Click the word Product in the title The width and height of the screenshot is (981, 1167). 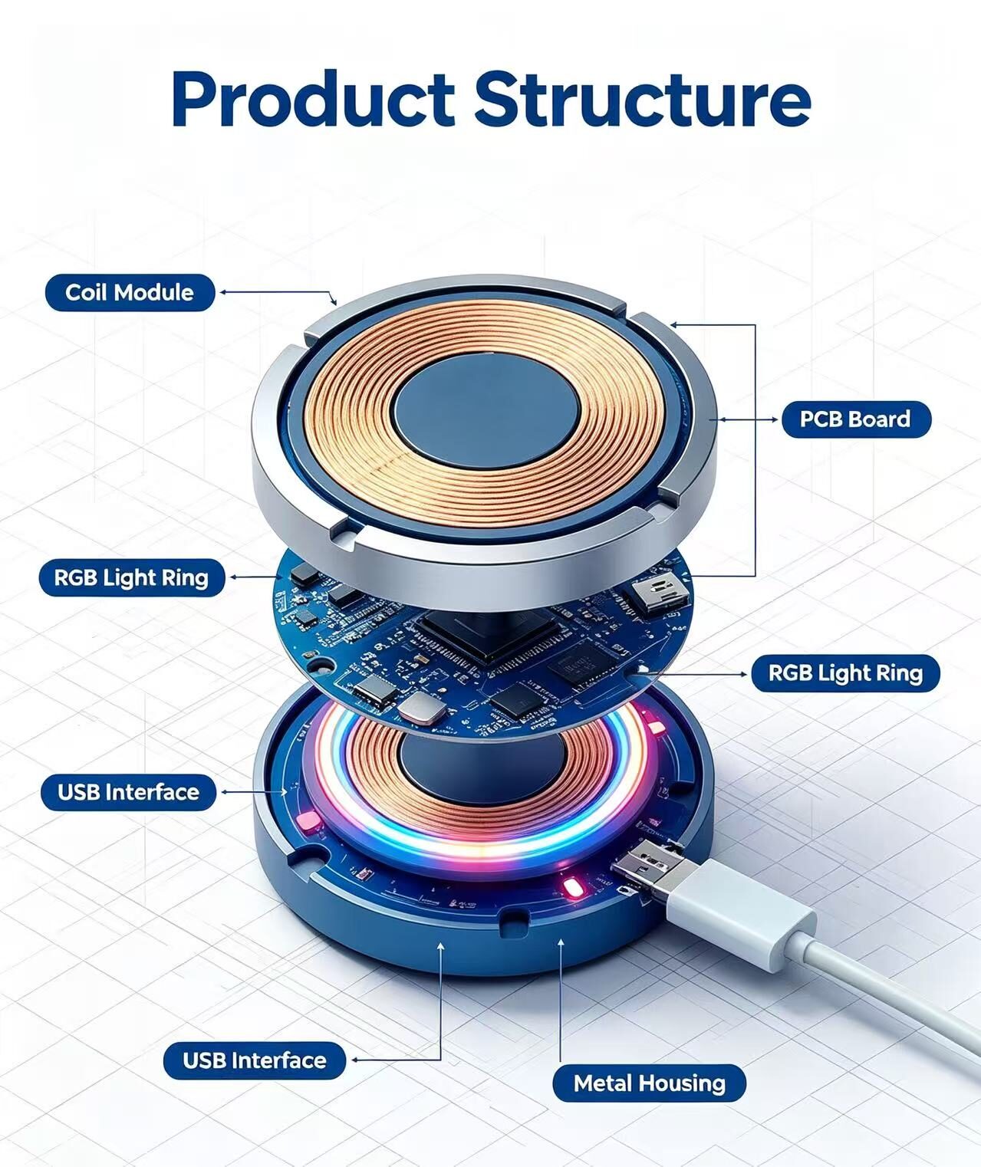coord(313,100)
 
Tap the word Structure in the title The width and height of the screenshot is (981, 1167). coord(644,100)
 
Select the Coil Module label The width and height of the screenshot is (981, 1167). coord(130,292)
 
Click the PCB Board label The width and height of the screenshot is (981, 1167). coord(856,419)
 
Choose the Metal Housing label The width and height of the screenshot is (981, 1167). coord(650,1083)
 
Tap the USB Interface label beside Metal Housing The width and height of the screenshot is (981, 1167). coord(255,1060)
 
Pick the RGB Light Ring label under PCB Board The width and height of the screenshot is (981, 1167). coord(845,673)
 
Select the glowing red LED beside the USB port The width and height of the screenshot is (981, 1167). coord(571,887)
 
